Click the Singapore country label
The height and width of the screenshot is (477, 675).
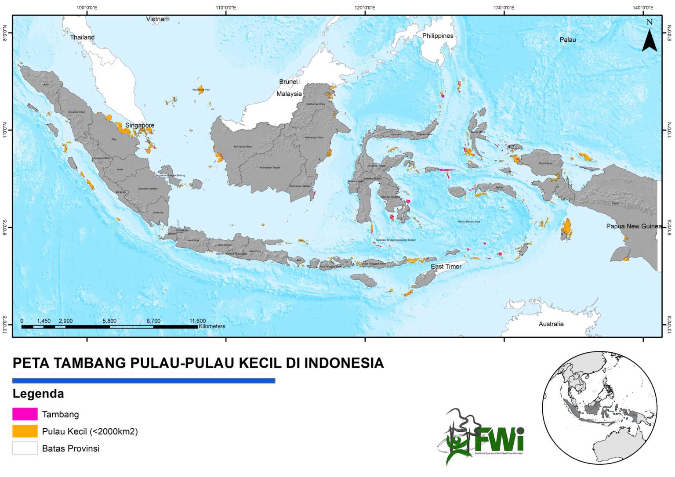(x=140, y=126)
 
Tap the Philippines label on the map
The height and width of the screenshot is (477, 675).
(x=437, y=36)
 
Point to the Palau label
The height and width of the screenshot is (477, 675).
(x=567, y=40)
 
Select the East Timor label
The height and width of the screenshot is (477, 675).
(x=446, y=267)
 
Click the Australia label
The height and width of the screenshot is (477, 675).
(x=551, y=324)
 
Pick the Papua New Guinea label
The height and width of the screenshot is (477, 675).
(x=634, y=226)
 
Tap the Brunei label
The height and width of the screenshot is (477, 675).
(x=288, y=82)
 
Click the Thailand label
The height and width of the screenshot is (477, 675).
(x=82, y=37)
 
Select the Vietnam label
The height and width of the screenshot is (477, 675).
(x=158, y=19)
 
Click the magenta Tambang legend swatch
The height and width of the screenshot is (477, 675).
(x=25, y=414)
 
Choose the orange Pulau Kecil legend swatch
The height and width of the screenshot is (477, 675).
(x=25, y=431)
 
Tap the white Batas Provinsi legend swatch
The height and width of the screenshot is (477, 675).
(x=25, y=448)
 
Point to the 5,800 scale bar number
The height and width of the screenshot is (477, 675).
(x=109, y=321)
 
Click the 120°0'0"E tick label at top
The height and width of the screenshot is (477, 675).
(x=365, y=7)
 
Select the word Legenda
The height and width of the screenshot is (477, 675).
(x=38, y=394)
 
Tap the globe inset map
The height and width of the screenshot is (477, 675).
(x=599, y=408)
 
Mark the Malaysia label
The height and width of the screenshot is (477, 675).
(x=289, y=94)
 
